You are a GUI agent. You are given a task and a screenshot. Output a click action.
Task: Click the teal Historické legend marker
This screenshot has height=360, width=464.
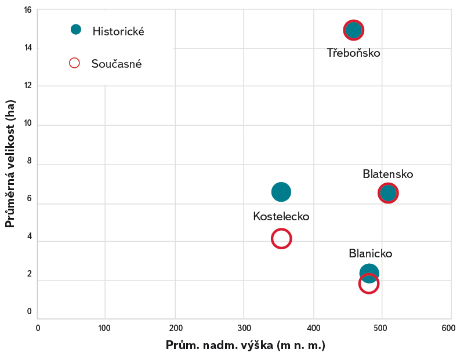coord(75,30)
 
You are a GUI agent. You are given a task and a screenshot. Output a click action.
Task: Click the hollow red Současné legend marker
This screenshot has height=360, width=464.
coord(74,63)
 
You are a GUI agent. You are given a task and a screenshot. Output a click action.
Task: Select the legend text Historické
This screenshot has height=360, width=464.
coord(118,32)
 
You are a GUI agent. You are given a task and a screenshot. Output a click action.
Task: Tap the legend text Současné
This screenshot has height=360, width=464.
coord(117,64)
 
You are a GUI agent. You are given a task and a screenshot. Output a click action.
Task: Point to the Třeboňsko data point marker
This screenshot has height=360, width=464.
coord(353,30)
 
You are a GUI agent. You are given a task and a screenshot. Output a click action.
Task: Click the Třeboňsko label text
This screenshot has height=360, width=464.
coord(353,53)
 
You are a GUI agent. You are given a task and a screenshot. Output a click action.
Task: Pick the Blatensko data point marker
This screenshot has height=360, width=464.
coord(388,193)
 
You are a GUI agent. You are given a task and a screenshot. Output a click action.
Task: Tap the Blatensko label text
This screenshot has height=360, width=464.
coord(387,174)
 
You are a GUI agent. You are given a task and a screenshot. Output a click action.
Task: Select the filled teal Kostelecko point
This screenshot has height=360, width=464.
coord(281,192)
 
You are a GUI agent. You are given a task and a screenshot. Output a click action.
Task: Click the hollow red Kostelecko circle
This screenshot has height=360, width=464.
coord(281,238)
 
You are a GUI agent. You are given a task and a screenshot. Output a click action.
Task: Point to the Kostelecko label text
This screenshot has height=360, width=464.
coord(281,216)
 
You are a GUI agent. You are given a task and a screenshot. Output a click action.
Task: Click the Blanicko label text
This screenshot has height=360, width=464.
coord(371,254)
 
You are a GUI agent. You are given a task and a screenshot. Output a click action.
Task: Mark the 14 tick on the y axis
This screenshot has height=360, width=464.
coord(28,48)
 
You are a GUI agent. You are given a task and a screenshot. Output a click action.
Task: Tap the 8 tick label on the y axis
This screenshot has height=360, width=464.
coord(28,165)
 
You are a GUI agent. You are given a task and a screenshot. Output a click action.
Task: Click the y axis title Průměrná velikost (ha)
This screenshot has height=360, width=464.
coord(10,164)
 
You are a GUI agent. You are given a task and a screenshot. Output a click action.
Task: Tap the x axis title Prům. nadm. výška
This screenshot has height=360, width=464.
coord(245,346)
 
